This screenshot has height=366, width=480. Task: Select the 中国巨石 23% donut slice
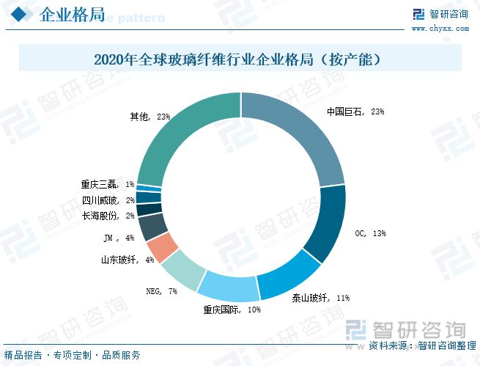click(307, 131)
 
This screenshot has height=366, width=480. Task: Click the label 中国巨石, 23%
click(355, 112)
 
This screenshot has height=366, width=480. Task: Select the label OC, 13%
click(369, 233)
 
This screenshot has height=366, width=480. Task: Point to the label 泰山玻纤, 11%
click(320, 298)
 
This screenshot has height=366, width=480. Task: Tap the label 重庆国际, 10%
click(232, 310)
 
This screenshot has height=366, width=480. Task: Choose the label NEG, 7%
click(162, 291)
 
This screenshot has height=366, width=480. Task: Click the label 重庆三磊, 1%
click(107, 185)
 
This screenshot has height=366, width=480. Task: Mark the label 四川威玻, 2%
click(108, 200)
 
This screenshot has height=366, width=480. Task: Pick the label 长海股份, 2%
click(108, 216)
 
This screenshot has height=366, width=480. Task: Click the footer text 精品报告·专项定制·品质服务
click(73, 355)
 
